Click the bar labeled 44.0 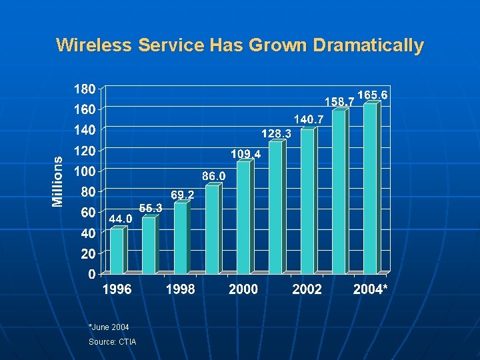tap(117, 251)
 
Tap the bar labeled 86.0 tap(211, 229)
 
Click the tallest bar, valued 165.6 tap(370, 189)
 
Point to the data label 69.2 tap(183, 195)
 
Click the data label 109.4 tap(245, 154)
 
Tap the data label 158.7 tap(339, 102)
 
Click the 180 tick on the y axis tap(84, 88)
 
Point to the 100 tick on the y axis tap(84, 171)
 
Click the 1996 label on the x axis tap(117, 289)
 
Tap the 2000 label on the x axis tap(243, 289)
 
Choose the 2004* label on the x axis tap(371, 289)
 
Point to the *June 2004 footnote tap(109, 327)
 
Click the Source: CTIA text tap(112, 342)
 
